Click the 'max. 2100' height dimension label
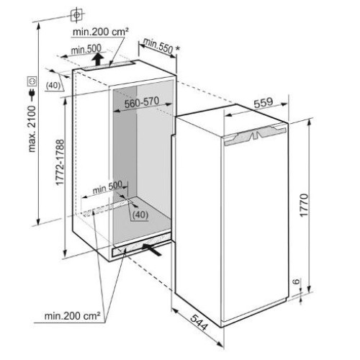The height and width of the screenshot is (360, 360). point(32,128)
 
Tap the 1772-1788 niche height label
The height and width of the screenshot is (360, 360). point(60,162)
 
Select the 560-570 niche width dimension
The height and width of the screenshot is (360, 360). point(142,102)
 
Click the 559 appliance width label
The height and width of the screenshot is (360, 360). point(264,102)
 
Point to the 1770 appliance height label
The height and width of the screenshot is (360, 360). point(304,205)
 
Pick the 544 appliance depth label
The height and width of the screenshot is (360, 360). point(199,322)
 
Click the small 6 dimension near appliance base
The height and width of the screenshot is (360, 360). point(297,281)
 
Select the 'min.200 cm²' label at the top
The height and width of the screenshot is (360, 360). point(100,32)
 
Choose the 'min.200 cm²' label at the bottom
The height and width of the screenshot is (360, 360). point(72,316)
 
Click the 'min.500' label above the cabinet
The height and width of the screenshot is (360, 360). point(86,50)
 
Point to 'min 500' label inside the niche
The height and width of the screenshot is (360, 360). point(107,188)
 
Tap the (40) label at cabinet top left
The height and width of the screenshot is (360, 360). point(53,86)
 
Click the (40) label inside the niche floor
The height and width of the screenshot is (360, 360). point(140,215)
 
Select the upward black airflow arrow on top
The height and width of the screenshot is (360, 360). point(98,59)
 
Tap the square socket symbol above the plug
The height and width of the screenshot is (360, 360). point(32,81)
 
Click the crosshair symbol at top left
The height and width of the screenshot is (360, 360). point(77,15)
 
